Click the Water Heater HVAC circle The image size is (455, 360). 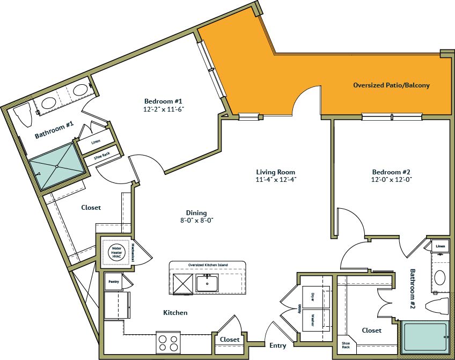click(x=116, y=252)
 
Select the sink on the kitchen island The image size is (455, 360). click(x=207, y=282)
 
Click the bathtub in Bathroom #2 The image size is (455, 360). click(x=425, y=336)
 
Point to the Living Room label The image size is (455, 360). click(x=276, y=172)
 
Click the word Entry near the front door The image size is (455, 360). click(x=277, y=346)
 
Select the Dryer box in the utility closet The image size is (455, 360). click(x=312, y=297)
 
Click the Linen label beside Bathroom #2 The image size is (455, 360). click(x=440, y=247)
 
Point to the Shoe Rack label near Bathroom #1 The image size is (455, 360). click(x=101, y=157)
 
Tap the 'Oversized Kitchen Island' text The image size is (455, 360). click(x=207, y=265)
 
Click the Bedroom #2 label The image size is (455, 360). click(x=391, y=172)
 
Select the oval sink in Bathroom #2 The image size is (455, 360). click(x=440, y=278)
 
